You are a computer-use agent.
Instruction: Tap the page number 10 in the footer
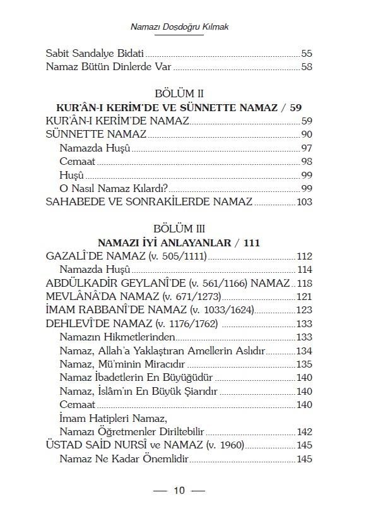click(179, 491)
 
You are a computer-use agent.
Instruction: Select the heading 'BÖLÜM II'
click(180, 94)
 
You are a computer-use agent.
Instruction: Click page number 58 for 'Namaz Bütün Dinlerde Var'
click(307, 67)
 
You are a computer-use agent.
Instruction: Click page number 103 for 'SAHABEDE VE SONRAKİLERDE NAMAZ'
click(304, 202)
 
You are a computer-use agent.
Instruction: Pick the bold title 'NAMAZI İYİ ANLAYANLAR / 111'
click(180, 243)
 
